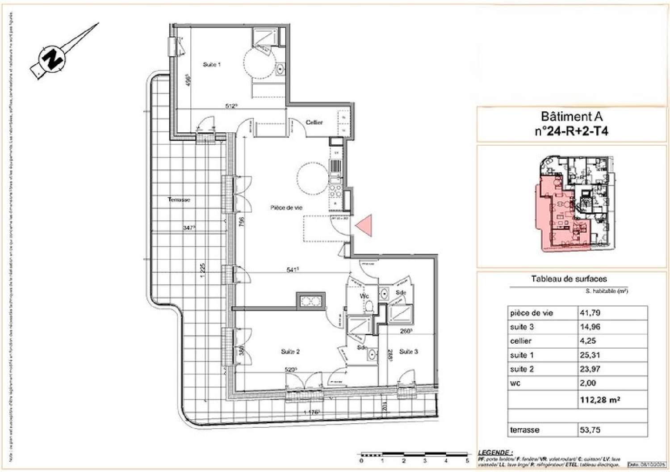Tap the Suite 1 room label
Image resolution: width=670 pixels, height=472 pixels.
212,65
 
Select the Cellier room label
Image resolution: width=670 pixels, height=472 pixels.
314,122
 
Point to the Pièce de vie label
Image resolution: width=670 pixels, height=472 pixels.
286,208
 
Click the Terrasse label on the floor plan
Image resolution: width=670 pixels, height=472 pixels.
179,200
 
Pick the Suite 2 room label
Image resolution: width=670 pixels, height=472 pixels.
290,352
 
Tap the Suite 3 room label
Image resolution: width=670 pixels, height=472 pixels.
408,352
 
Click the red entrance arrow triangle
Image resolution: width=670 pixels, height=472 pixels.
364,225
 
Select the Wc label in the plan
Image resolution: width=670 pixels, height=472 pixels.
364,296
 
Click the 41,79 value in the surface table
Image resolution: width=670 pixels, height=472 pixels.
590,313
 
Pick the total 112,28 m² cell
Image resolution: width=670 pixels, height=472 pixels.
600,400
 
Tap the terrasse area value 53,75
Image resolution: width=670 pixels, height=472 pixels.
590,430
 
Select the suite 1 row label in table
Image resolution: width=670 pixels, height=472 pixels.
522,355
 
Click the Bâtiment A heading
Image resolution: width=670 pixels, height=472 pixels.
571,117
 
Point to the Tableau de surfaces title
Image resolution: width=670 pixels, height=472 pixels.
569,279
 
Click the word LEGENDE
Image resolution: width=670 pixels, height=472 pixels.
495,453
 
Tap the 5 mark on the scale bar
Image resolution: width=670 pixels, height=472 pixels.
467,460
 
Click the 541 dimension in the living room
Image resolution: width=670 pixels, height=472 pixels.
293,270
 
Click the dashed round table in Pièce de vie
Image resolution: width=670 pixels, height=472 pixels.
313,178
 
